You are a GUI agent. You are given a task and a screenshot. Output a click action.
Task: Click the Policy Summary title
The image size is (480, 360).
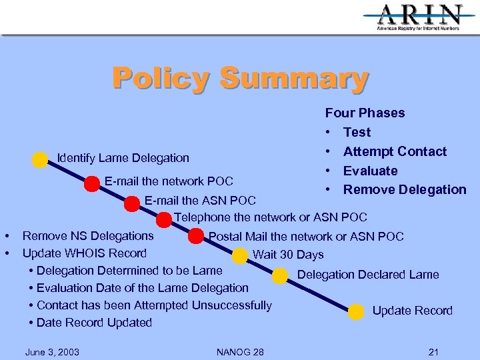(240, 77)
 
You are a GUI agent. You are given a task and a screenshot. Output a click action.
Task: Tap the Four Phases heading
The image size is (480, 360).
(365, 113)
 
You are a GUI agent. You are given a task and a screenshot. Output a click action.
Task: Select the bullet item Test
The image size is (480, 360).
(357, 132)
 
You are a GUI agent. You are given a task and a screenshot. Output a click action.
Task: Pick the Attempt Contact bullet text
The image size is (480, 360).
(395, 151)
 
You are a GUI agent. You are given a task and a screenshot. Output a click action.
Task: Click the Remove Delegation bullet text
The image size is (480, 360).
(405, 189)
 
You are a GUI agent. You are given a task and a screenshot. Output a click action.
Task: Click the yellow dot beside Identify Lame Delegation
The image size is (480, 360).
(40, 159)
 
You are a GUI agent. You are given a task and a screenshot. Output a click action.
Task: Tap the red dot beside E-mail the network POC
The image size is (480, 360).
(91, 183)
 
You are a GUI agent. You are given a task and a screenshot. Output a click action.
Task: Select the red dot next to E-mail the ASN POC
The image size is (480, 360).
(132, 203)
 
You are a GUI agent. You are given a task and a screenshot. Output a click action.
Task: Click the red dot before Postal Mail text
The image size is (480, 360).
(196, 236)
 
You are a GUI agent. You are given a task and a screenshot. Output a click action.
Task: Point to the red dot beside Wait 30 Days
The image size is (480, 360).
(239, 255)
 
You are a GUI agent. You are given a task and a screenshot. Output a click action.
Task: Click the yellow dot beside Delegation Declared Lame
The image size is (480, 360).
(285, 276)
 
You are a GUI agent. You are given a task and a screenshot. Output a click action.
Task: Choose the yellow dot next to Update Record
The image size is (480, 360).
(357, 311)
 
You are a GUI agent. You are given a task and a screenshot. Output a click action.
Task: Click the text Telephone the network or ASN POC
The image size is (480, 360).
(270, 217)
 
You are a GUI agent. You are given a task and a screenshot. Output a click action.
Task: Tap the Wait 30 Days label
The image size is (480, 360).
(288, 255)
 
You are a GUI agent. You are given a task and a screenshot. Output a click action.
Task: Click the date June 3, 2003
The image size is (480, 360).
(51, 352)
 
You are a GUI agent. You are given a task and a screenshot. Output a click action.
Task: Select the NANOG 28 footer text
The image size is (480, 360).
(240, 352)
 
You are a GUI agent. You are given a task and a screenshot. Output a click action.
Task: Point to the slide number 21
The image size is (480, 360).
(433, 352)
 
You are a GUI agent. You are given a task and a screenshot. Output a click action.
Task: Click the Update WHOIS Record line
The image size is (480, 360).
(85, 253)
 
